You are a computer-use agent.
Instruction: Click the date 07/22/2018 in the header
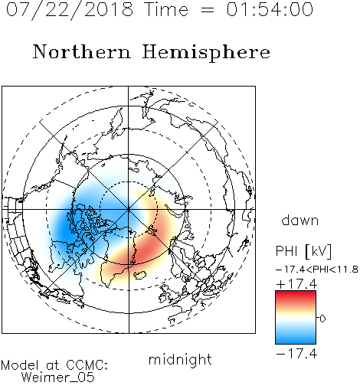pos(70,10)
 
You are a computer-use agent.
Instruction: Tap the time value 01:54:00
pos(270,9)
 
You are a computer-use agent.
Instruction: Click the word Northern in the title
pos(82,51)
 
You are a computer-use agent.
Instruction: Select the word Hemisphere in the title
pos(206,53)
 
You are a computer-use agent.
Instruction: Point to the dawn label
pos(300,220)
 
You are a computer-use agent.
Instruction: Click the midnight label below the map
pos(180,361)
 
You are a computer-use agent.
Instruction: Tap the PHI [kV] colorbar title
pos(303,251)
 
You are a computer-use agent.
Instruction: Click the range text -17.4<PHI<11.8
pos(317,270)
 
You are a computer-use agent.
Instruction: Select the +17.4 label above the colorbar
pos(296,284)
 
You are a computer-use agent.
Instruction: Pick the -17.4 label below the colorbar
pos(296,354)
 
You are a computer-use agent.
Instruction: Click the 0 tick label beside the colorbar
pos(322,319)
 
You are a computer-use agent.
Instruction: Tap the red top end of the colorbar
pos(296,293)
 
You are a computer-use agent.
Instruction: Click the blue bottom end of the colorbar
pos(296,341)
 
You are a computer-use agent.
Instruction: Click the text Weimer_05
pos(58,378)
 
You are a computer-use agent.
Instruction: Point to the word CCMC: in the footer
pos(87,365)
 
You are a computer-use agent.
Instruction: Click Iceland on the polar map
pos(140,275)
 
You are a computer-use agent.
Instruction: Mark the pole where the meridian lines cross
pos(129,209)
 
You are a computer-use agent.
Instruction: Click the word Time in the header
pos(166,9)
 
